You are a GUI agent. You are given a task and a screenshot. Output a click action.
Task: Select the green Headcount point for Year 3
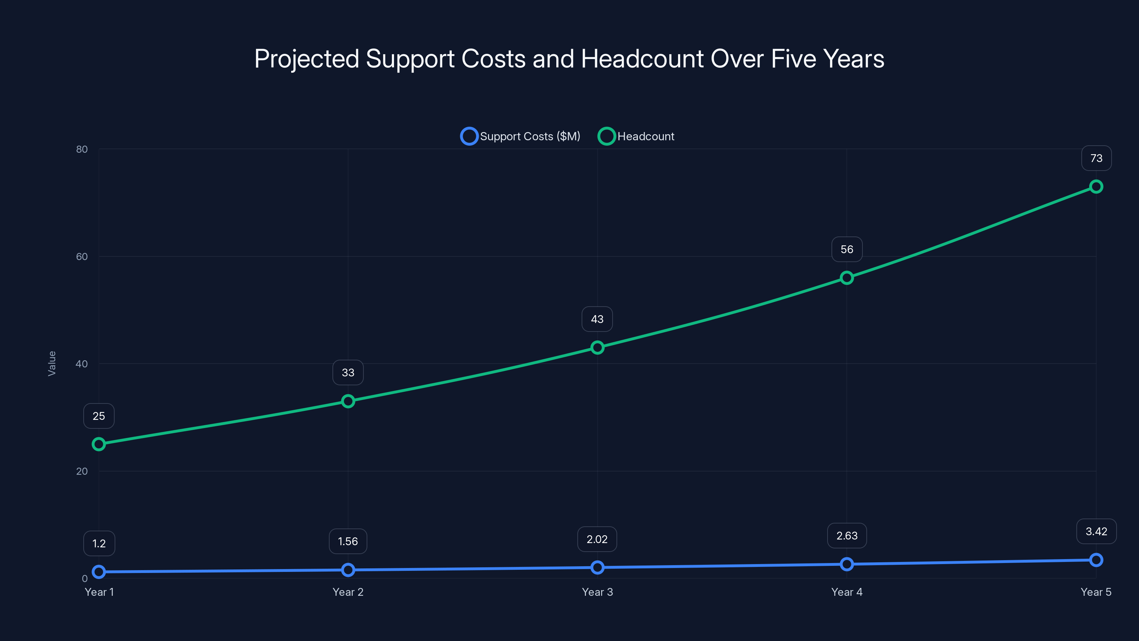point(597,348)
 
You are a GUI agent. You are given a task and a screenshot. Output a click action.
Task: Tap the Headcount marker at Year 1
point(99,444)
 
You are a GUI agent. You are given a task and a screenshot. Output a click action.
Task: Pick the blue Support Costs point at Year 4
point(847,564)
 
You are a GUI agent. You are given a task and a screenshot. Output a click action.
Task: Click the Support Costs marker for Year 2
point(348,570)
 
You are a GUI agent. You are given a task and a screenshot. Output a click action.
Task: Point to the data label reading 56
point(847,250)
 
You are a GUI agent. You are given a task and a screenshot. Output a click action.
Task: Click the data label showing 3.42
point(1096,531)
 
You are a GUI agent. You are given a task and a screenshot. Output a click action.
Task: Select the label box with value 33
point(348,372)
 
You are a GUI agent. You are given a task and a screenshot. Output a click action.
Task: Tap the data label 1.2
point(99,543)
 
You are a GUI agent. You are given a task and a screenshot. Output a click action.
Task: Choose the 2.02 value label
point(597,539)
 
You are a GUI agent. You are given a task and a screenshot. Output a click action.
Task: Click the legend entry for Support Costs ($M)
point(521,136)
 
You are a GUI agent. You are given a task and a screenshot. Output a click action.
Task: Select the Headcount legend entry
point(637,136)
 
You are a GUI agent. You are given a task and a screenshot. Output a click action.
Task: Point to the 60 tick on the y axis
point(82,256)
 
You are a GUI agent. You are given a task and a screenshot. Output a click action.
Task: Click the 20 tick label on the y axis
point(82,471)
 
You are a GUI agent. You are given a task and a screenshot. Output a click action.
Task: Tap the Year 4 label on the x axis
point(847,592)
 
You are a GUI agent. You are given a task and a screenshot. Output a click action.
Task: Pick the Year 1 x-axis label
point(99,592)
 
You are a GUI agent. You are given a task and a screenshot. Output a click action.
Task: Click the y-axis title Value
point(52,364)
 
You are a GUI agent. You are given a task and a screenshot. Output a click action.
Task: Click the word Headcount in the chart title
point(641,59)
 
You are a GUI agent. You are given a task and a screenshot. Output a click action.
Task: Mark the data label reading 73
point(1096,158)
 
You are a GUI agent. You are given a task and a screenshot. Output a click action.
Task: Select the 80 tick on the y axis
point(82,149)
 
